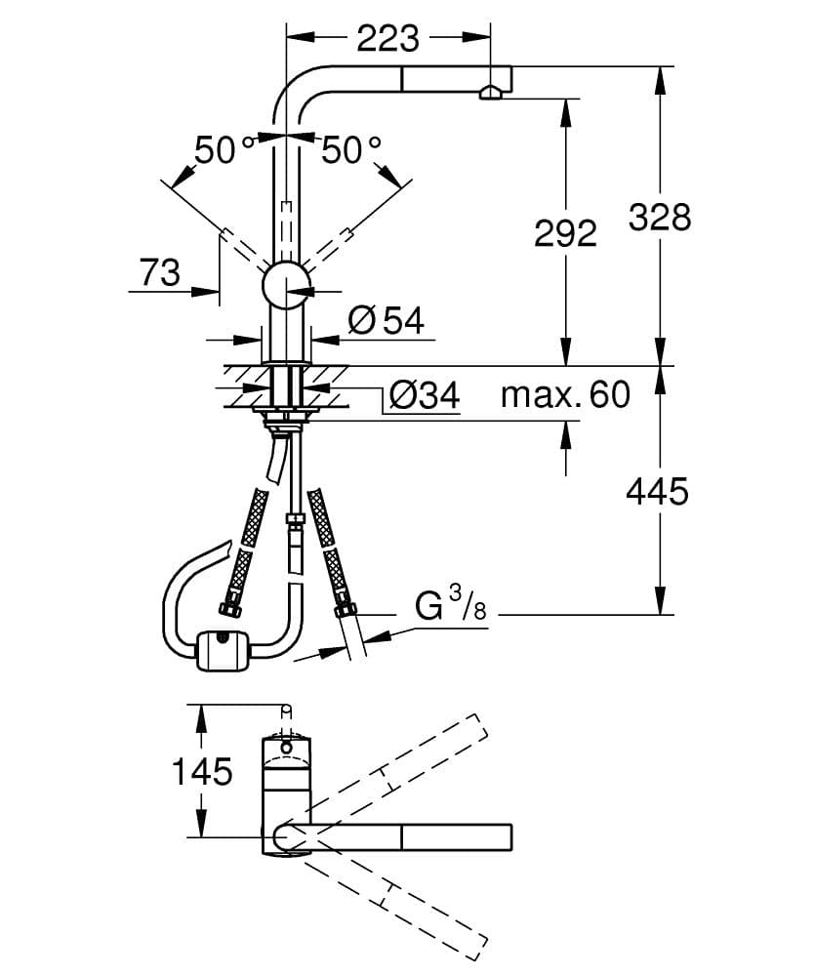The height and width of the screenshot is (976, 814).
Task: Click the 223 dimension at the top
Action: point(387,38)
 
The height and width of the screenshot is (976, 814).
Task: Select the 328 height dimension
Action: point(659,217)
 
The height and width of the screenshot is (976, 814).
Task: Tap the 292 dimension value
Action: point(564,232)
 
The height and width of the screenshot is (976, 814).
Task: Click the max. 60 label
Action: point(565,395)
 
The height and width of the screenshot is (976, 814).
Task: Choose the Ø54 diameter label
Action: point(387,320)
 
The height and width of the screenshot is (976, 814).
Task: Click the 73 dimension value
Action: point(160,272)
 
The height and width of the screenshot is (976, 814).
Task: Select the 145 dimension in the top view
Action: point(202,772)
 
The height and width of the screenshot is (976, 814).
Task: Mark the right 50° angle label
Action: point(351,150)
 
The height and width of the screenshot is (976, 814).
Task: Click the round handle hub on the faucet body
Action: point(286,285)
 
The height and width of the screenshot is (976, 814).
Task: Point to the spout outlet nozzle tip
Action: point(490,94)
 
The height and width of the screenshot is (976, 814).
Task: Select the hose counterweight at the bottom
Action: point(224,651)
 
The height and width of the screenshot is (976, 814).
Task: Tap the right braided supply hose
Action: point(328,547)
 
